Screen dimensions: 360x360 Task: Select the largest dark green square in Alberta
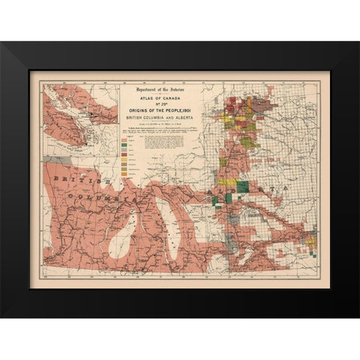(243, 187)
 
